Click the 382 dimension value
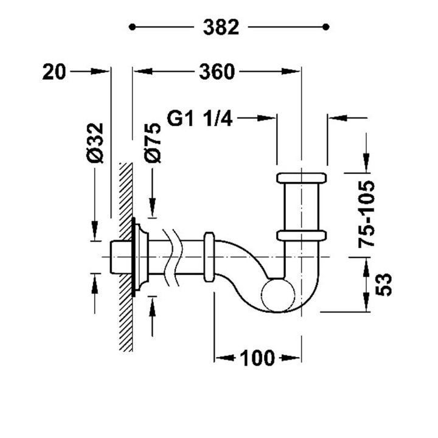tap(221, 27)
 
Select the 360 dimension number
tap(217, 72)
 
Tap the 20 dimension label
tap(54, 72)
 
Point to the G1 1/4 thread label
tap(200, 118)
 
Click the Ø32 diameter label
tap(95, 143)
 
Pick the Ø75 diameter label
tap(153, 143)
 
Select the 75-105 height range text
tap(366, 214)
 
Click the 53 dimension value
tap(383, 285)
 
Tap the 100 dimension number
tap(257, 358)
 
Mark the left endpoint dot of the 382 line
tap(132, 27)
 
